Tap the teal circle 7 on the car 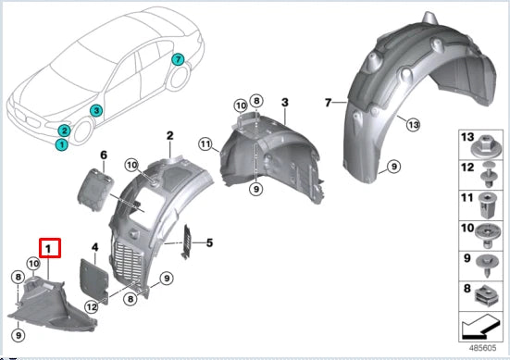tap(178, 59)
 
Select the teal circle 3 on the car tap(95, 110)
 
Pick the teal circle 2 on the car tap(64, 130)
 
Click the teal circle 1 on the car tap(61, 144)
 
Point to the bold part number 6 tap(104, 155)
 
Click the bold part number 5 tap(209, 243)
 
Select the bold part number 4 tap(94, 246)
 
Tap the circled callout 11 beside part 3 tap(205, 143)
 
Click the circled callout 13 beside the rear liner tap(413, 125)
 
